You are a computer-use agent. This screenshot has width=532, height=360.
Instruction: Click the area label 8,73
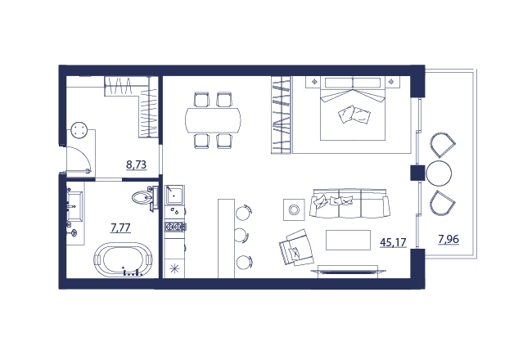(x=136, y=165)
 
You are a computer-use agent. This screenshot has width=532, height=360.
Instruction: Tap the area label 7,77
(x=121, y=227)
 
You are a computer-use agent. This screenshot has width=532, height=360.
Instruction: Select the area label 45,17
(x=393, y=242)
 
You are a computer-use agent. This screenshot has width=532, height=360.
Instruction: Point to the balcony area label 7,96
(x=449, y=239)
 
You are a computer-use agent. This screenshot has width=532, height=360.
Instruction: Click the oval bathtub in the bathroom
(x=123, y=259)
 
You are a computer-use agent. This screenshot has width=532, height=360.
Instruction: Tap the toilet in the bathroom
(x=145, y=198)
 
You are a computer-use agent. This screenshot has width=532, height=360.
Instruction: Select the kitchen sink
(x=174, y=195)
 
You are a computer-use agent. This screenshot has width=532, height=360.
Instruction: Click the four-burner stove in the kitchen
(x=174, y=227)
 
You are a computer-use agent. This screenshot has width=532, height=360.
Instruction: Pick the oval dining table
(x=213, y=120)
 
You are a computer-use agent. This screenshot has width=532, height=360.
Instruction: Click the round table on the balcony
(x=439, y=173)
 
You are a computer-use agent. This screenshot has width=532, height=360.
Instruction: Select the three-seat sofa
(x=349, y=204)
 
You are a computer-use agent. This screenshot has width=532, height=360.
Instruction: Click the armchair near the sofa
(x=296, y=248)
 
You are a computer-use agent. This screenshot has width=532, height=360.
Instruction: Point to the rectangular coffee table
(x=348, y=240)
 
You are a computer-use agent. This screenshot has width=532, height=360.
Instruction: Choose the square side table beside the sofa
(x=294, y=209)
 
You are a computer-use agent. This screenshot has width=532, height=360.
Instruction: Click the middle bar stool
(x=242, y=235)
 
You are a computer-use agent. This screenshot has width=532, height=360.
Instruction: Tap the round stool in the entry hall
(x=79, y=130)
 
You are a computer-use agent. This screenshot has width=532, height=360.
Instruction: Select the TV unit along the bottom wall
(x=348, y=271)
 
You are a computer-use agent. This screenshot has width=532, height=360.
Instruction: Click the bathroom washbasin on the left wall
(x=75, y=207)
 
